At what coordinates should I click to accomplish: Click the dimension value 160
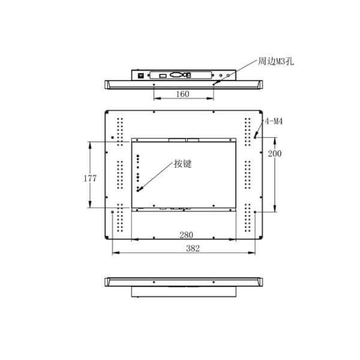183,94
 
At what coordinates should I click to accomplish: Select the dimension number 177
91,178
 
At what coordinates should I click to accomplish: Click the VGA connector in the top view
177,76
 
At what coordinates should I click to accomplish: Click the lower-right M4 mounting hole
256,211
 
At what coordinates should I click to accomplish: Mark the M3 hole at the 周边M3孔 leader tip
214,84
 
